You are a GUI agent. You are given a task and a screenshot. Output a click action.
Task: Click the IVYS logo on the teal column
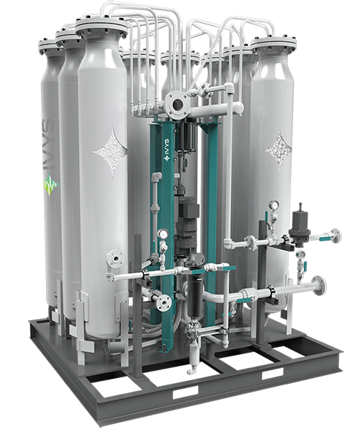coord(166,150)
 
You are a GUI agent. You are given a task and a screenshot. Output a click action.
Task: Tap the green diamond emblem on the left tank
coord(51,185)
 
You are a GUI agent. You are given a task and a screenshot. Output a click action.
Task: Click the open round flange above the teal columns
coord(176,104)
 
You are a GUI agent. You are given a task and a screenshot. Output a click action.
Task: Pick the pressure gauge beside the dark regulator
coord(274,205)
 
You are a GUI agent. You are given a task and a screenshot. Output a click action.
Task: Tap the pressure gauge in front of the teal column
coord(163,234)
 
